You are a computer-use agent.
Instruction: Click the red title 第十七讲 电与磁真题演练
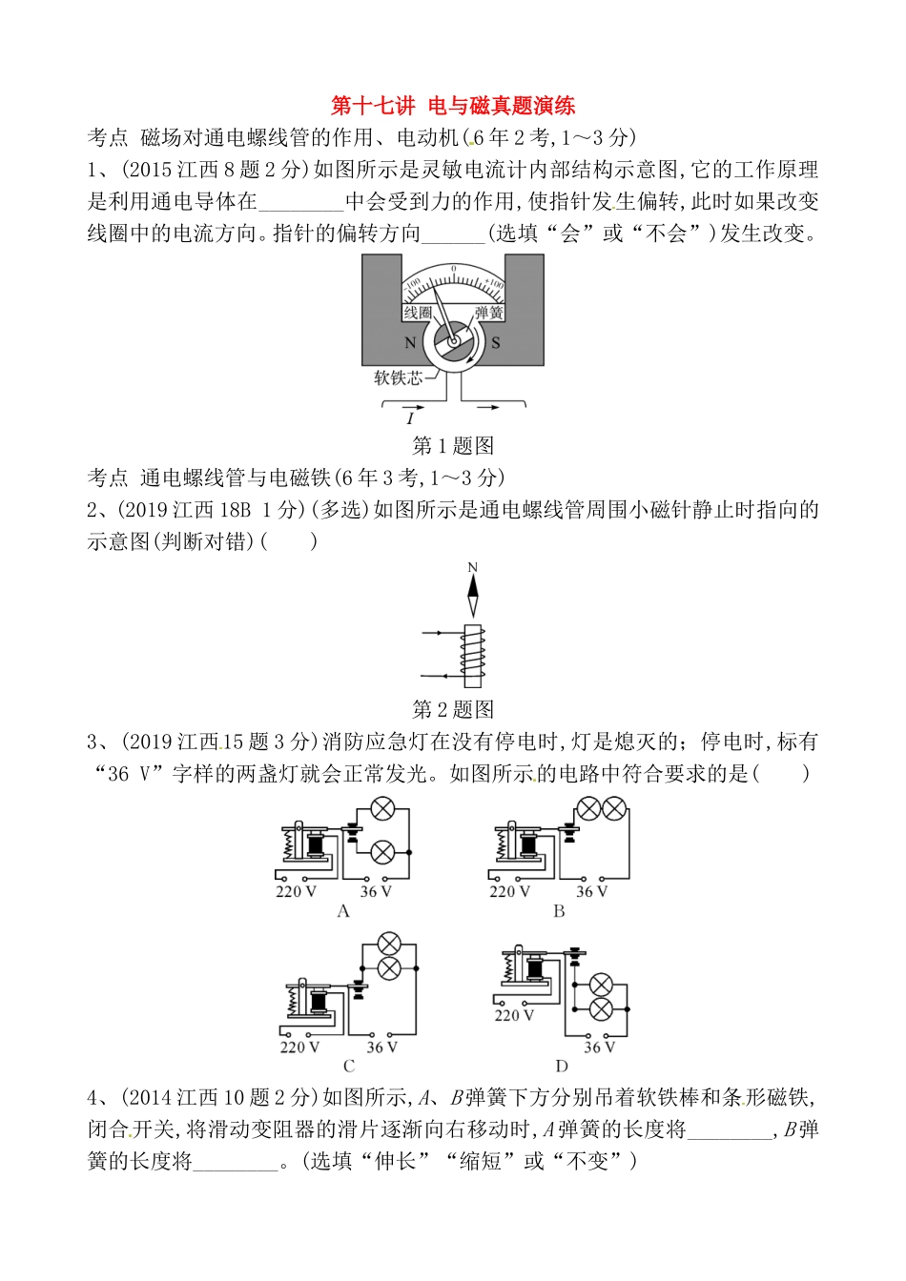click(x=452, y=105)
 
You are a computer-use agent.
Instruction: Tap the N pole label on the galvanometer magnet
click(x=410, y=343)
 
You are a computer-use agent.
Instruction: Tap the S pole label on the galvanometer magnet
click(x=496, y=343)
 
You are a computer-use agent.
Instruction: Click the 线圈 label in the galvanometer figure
click(x=417, y=313)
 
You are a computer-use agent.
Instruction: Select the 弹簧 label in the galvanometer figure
click(x=488, y=313)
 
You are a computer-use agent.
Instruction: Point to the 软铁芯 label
click(x=397, y=377)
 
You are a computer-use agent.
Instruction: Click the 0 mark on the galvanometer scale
click(x=453, y=270)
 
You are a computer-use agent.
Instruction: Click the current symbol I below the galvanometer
click(x=410, y=418)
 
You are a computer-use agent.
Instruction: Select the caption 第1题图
click(x=452, y=445)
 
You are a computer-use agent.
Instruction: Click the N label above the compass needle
click(x=472, y=568)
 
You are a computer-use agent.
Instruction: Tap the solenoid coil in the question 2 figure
click(x=472, y=655)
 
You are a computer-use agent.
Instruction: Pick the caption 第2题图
click(x=452, y=709)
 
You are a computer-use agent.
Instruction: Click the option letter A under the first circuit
click(x=344, y=911)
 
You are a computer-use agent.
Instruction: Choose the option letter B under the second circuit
click(x=559, y=911)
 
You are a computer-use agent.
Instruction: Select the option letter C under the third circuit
click(x=349, y=1067)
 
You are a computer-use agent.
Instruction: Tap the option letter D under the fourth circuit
click(x=562, y=1067)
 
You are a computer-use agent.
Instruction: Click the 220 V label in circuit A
click(x=296, y=892)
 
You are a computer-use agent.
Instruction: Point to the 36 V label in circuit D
click(x=599, y=1047)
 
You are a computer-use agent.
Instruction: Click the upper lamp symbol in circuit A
click(x=381, y=810)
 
